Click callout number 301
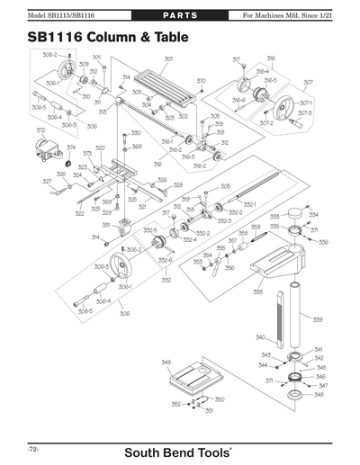[168, 58]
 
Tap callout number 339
[318, 319]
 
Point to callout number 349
[166, 362]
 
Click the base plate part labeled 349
[194, 378]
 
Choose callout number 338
[257, 292]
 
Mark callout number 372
[40, 130]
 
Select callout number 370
[201, 81]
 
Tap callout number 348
[319, 395]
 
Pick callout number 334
[313, 215]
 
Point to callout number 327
[47, 181]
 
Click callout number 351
[209, 410]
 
